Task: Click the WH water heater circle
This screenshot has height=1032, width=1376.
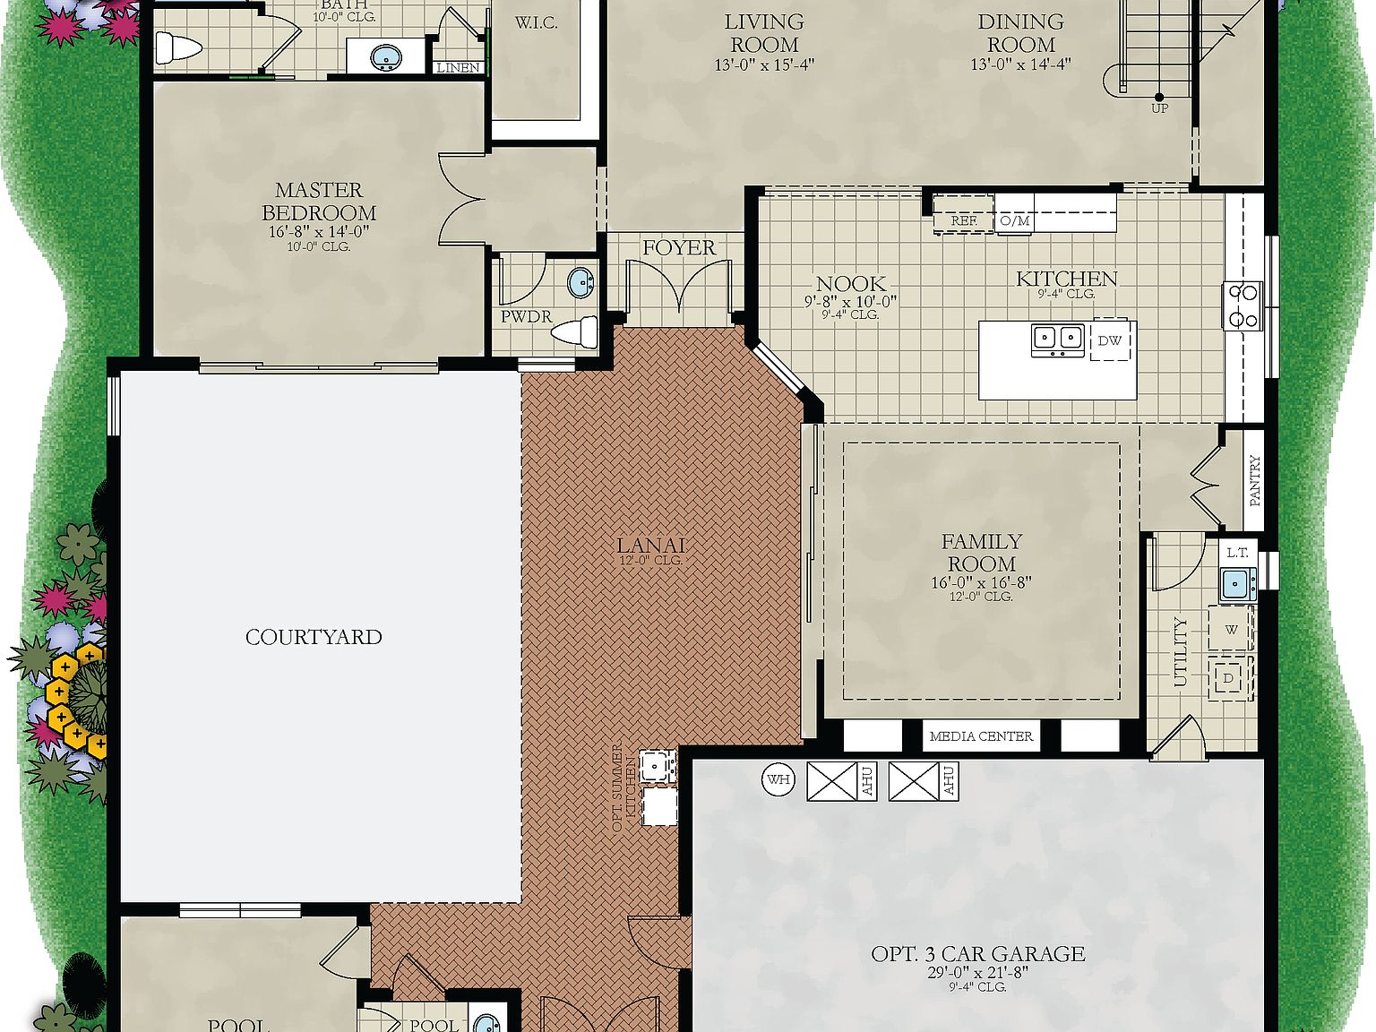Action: [x=778, y=779]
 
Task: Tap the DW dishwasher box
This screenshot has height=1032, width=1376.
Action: [x=1109, y=340]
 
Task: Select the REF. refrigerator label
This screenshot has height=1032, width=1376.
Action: [x=964, y=220]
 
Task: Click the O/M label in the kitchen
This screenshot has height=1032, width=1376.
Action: [x=1015, y=220]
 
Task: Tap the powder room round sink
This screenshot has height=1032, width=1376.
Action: [x=581, y=283]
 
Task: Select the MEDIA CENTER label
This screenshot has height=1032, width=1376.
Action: [x=981, y=736]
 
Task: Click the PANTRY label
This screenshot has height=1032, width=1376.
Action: [x=1254, y=480]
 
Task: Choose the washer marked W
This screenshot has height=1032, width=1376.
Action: [x=1231, y=630]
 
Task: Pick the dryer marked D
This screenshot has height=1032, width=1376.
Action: [x=1228, y=678]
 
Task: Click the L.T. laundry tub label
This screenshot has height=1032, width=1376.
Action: [x=1237, y=553]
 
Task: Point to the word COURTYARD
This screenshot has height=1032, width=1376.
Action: [x=314, y=637]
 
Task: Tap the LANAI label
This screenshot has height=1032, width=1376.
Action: [x=650, y=545]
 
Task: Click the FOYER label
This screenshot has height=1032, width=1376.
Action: [x=679, y=247]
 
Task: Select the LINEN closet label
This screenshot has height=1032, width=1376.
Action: [x=458, y=67]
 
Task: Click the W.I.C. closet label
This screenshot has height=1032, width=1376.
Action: [x=536, y=23]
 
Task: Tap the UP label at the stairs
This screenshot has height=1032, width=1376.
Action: [x=1159, y=108]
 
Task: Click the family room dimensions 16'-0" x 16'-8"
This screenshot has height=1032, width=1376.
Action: [x=981, y=582]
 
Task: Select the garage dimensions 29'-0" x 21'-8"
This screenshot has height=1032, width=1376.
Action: [x=977, y=972]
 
